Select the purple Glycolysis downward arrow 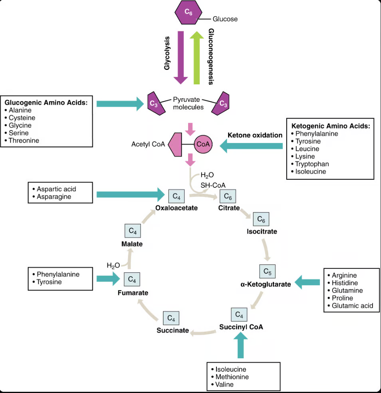click(181, 56)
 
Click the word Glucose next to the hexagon click(225, 19)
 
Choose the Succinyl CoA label click(241, 327)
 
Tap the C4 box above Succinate click(171, 318)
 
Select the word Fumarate click(133, 293)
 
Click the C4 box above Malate click(133, 231)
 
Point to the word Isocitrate click(262, 231)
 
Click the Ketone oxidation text click(255, 135)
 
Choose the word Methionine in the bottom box click(232, 377)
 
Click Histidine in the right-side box click(345, 283)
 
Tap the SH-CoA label click(214, 185)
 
